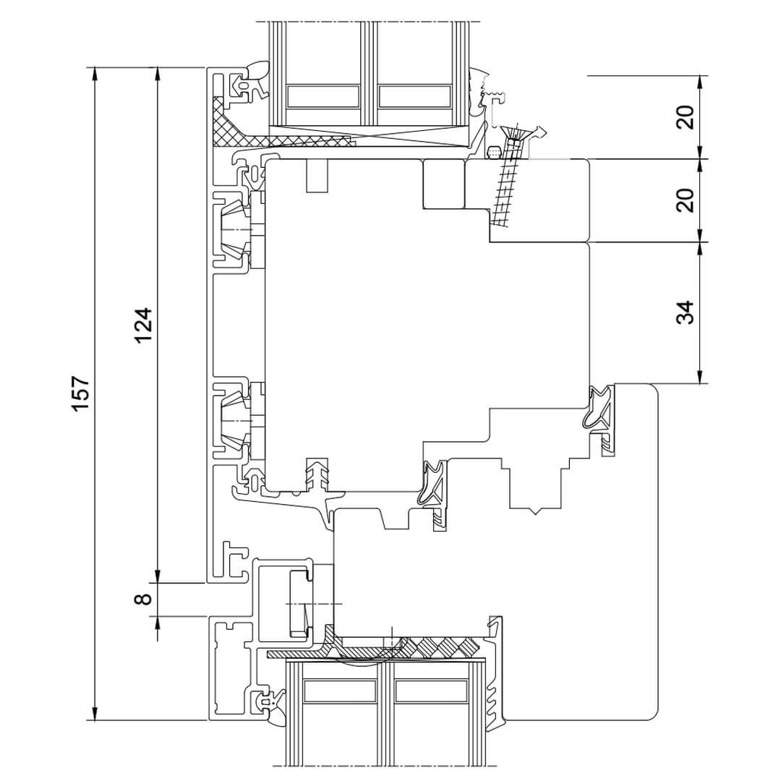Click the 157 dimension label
coord(81,393)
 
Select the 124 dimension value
coord(143,325)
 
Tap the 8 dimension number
coord(143,598)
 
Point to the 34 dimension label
coord(686,312)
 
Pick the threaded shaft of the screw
coord(505,184)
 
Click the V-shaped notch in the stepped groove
coord(535,511)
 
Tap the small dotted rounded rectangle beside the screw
coord(495,151)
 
